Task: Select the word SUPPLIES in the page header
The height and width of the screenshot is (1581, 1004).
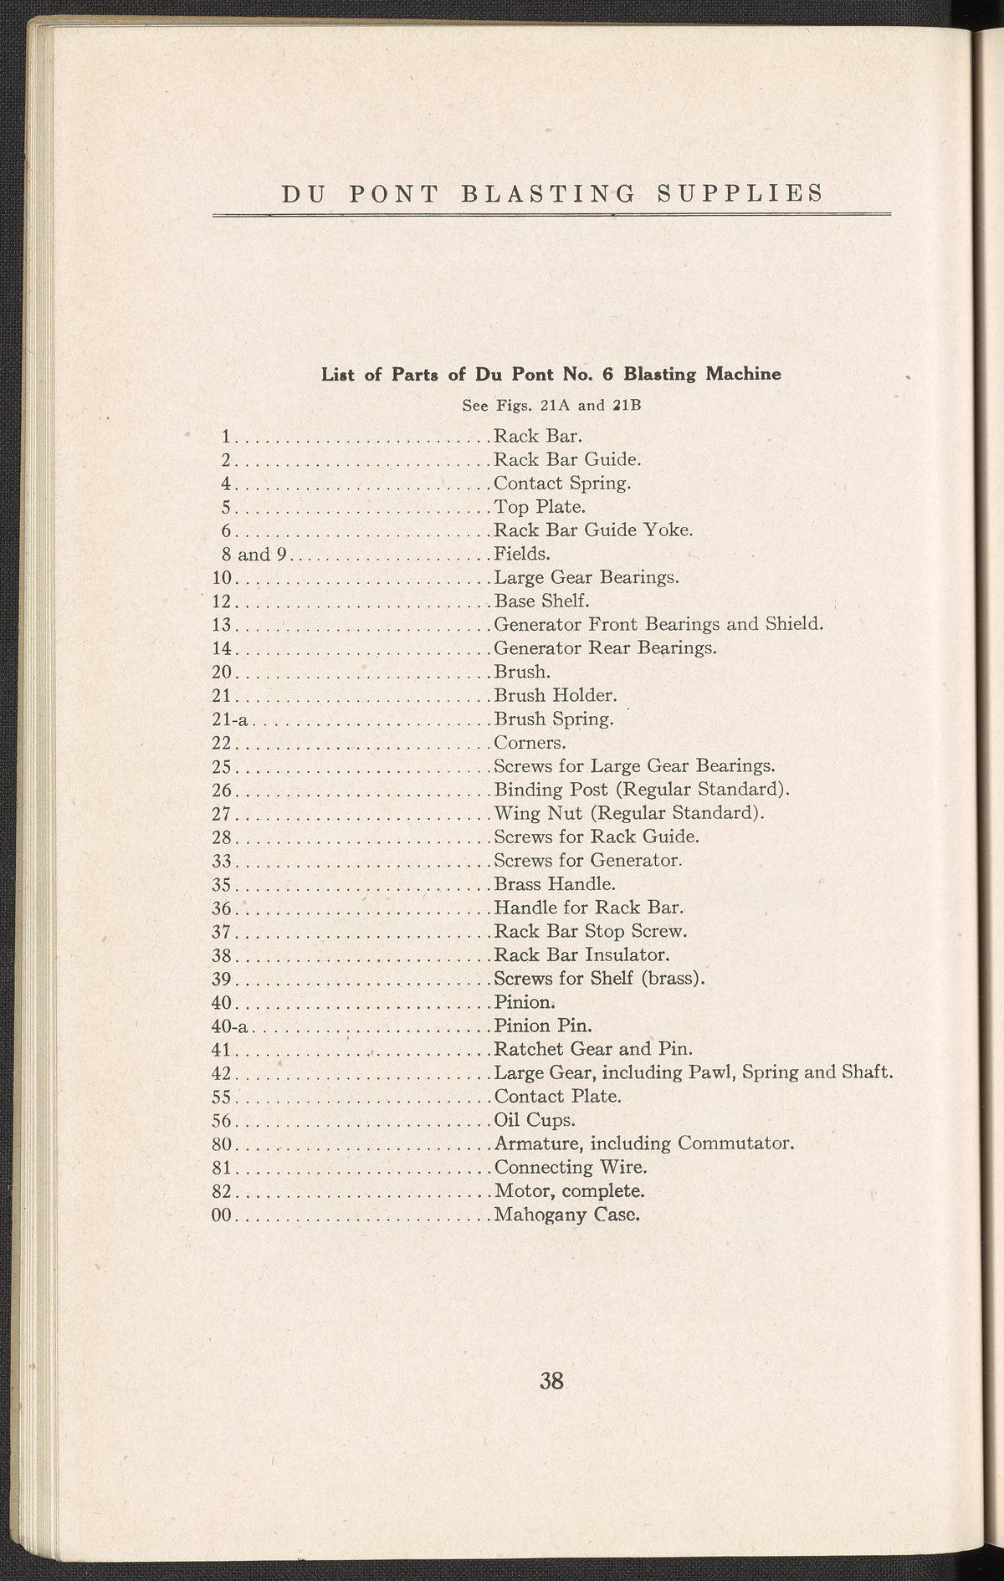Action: [740, 193]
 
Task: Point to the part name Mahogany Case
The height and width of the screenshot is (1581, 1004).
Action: [567, 1214]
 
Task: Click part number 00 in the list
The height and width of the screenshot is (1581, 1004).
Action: [221, 1214]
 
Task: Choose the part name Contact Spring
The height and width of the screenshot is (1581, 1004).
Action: [562, 484]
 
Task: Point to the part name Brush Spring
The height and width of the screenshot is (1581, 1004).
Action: [554, 719]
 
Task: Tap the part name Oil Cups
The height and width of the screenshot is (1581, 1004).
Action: [535, 1120]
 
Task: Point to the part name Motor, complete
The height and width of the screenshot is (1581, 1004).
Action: [570, 1190]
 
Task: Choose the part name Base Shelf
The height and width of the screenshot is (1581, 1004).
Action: [542, 601]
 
